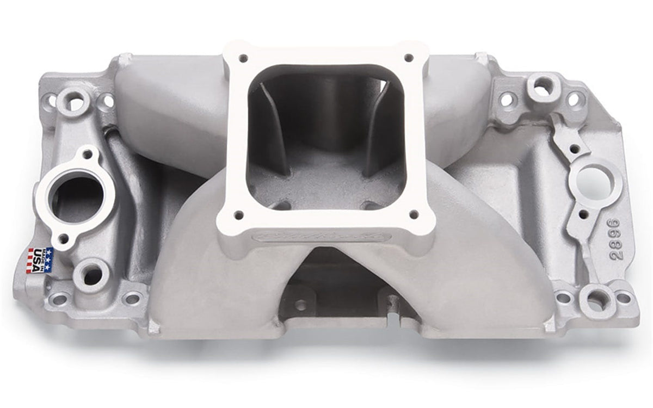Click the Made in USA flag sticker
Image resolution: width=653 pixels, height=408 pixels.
point(40,260)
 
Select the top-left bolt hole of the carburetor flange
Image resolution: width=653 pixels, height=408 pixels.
point(243,57)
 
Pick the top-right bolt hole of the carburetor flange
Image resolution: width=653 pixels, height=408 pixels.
point(409,57)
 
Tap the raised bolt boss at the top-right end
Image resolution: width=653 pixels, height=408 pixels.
point(541,85)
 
